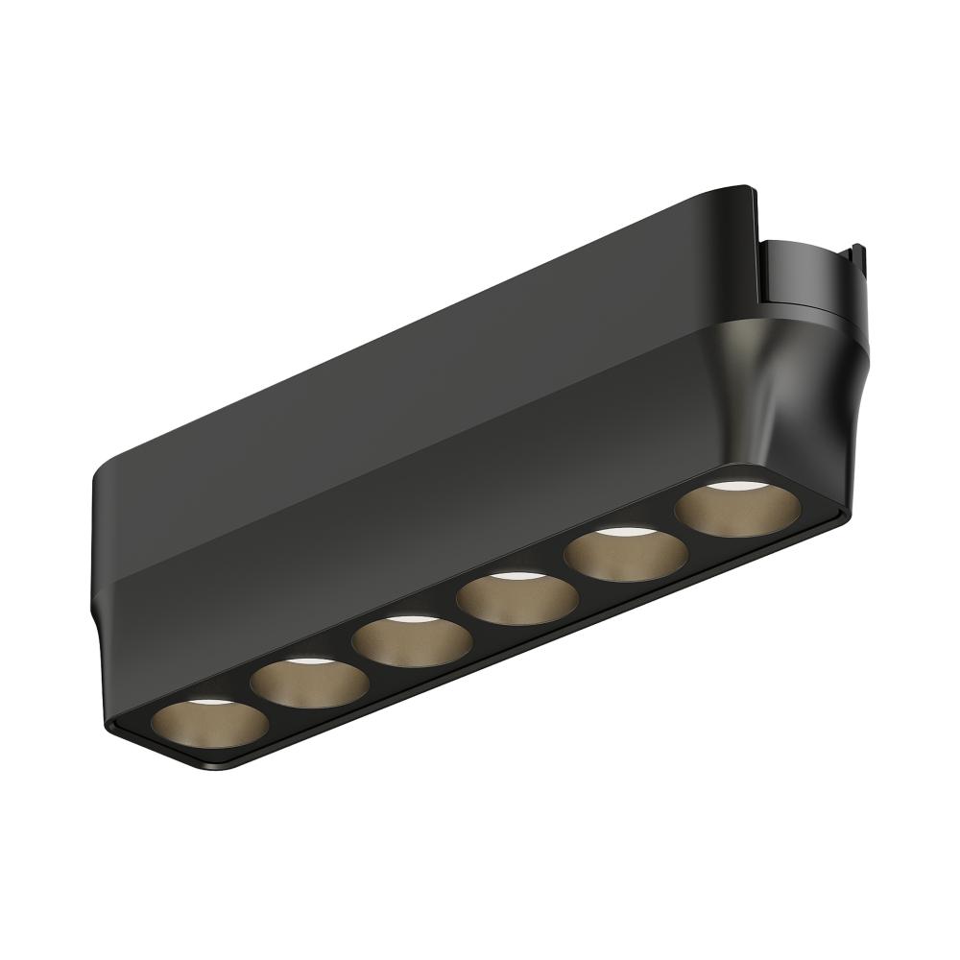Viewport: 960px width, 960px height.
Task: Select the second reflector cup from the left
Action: pos(309,682)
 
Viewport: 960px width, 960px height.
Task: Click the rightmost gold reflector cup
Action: pos(734,510)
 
